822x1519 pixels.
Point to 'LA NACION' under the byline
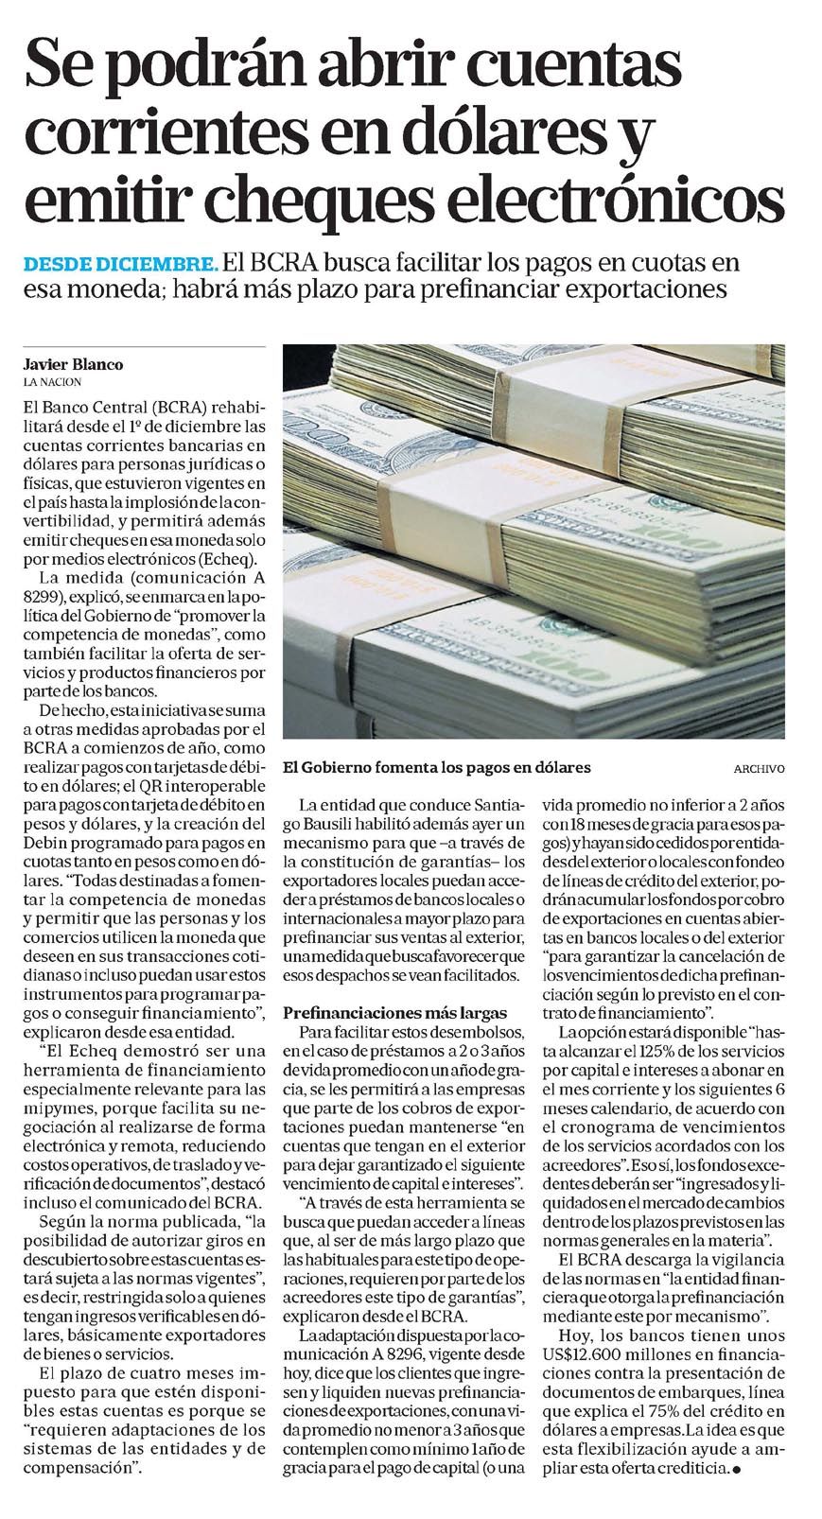[x=53, y=382]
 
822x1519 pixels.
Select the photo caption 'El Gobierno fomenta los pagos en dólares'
[x=436, y=767]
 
